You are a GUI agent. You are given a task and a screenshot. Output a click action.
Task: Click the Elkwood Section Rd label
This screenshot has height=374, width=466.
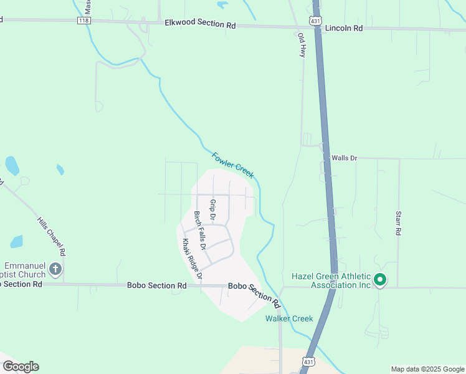pyautogui.click(x=201, y=24)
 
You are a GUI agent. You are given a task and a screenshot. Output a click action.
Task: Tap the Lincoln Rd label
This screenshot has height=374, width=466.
pyautogui.click(x=344, y=28)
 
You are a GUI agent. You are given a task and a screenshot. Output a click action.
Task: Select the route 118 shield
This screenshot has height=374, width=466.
pyautogui.click(x=84, y=21)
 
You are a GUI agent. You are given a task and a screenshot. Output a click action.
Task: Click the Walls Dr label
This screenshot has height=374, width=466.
pyautogui.click(x=344, y=158)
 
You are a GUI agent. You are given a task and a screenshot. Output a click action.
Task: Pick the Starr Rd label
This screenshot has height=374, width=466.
pyautogui.click(x=398, y=223)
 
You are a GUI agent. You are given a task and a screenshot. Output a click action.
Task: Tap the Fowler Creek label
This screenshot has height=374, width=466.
pyautogui.click(x=233, y=165)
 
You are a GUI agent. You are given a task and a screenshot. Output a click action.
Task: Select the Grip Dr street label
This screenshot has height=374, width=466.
pyautogui.click(x=212, y=210)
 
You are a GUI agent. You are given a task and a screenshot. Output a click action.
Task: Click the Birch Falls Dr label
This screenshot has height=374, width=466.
pyautogui.click(x=201, y=228)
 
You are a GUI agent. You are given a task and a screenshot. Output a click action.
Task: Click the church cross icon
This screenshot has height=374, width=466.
pyautogui.click(x=55, y=269)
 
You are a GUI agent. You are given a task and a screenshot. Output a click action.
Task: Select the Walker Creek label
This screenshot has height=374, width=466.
pyautogui.click(x=289, y=319)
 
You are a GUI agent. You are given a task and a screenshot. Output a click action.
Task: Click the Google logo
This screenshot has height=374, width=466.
pyautogui.click(x=21, y=367)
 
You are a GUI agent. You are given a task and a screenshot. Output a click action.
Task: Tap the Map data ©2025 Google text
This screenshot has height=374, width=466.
pyautogui.click(x=427, y=369)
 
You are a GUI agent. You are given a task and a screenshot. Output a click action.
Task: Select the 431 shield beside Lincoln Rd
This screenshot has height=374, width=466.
pyautogui.click(x=316, y=21)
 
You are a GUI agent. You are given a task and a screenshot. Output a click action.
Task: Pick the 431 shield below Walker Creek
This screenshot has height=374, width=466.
pyautogui.click(x=308, y=362)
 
